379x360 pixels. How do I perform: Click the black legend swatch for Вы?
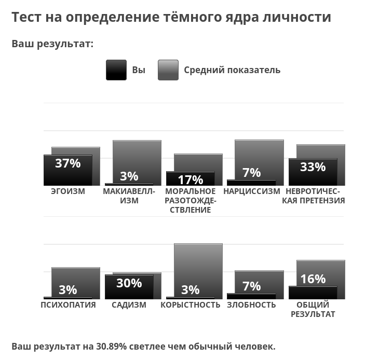[x=116, y=70]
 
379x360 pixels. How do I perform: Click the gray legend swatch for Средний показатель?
[x=168, y=70]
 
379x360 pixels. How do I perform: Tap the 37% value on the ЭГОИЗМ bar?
[x=68, y=163]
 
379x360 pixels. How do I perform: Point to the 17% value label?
[x=191, y=180]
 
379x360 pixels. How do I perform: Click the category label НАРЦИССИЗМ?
[x=251, y=191]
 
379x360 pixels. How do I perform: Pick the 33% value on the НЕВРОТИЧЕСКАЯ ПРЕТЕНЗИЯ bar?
[x=313, y=167]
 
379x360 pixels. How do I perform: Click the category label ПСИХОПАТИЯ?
[x=68, y=305]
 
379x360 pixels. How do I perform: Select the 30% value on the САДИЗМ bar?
[x=129, y=283]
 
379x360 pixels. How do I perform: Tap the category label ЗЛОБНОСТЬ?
[x=251, y=305]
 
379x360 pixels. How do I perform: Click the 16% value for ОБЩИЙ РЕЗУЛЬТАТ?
[x=313, y=279]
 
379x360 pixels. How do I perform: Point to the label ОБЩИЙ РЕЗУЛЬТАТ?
[x=313, y=310]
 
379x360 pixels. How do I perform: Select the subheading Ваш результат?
[x=52, y=44]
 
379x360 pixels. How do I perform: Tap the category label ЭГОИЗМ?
[x=68, y=191]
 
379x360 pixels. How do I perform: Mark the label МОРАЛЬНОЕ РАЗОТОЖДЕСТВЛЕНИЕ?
[x=191, y=201]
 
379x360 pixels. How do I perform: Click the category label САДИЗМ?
[x=129, y=305]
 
